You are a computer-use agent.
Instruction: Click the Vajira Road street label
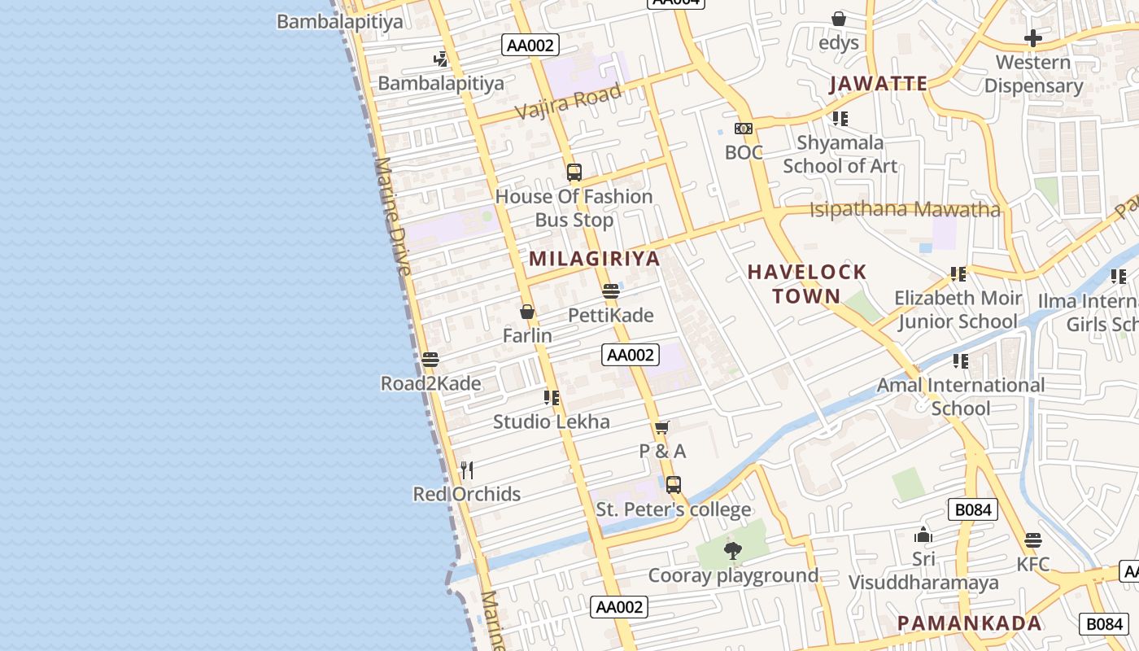568,100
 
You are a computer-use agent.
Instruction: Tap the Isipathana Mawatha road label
905,209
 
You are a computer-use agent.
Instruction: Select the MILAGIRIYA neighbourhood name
594,259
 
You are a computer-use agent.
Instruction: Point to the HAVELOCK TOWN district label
807,283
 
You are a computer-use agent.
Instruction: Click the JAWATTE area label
878,84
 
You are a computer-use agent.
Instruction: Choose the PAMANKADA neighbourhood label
969,623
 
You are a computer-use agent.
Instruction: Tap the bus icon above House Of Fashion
574,173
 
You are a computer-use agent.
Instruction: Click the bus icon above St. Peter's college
673,485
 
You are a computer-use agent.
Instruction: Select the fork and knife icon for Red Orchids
467,470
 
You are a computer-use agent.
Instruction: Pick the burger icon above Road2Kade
430,360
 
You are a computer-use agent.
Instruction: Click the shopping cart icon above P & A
662,428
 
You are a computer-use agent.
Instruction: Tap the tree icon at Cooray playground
732,551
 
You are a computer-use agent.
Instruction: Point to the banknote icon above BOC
744,129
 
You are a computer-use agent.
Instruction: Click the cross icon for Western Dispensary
1032,38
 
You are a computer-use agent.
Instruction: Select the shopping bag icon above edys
839,19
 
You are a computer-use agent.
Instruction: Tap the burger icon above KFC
1033,540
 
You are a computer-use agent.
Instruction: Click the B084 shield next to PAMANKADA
1104,623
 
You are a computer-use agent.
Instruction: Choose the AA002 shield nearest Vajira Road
530,46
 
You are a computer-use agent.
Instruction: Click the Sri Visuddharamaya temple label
923,571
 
